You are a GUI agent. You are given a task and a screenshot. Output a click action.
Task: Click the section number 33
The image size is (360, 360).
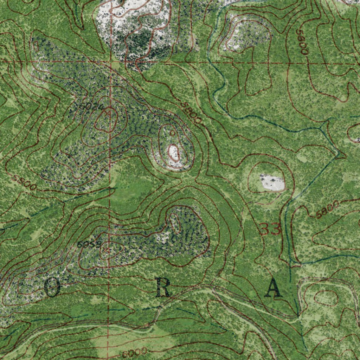tap(271, 229)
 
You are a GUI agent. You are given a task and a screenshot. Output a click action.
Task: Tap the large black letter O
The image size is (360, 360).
tap(52, 288)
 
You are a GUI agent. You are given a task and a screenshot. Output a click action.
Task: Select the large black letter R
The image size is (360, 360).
tap(163, 289)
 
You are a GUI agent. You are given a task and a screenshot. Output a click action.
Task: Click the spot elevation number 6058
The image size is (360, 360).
tap(89, 244)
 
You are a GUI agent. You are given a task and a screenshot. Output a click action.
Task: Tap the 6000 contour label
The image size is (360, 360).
tap(135, 352)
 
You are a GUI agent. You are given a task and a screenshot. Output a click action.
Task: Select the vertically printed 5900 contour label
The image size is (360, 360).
tap(302, 41)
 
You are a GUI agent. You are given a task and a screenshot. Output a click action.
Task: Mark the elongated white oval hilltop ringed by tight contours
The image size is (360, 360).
tap(174, 153)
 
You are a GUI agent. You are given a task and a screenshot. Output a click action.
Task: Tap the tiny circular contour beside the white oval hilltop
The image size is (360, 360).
tap(172, 133)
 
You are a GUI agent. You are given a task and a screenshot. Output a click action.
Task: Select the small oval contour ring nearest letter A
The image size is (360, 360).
tap(326, 298)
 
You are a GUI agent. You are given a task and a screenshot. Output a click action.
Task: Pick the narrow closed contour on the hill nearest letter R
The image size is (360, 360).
tap(175, 223)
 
